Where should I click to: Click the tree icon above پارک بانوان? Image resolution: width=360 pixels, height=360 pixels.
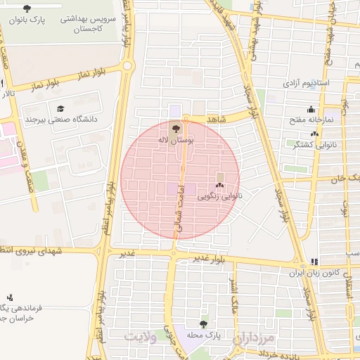coord(27,8)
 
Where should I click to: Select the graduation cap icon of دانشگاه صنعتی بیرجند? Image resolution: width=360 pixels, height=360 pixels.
coord(60,109)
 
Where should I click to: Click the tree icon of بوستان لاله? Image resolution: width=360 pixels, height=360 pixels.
coord(174,128)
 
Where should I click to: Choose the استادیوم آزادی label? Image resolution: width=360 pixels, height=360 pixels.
coord(307,83)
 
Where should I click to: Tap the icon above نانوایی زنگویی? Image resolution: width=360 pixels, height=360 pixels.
coord(220,186)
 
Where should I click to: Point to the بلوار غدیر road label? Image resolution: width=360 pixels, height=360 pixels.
coord(212,259)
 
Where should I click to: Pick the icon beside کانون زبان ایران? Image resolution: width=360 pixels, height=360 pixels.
coord(314,260)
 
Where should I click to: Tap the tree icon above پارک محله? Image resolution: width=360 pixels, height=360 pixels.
coord(203,324)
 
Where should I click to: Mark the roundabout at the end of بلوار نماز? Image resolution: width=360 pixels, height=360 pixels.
coord(127,66)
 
